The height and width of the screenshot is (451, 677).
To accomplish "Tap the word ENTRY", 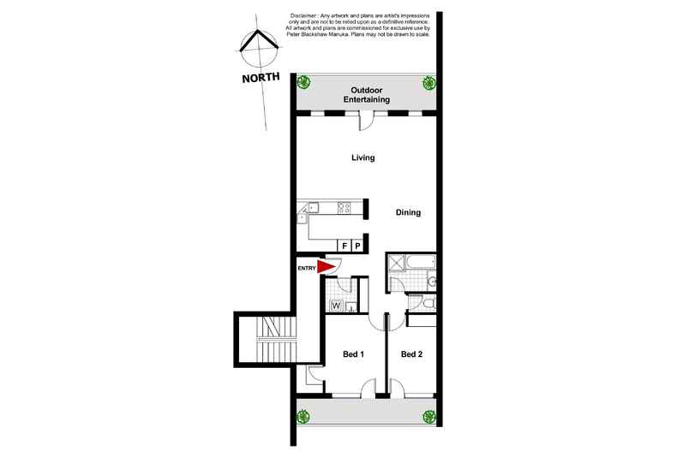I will (307, 268).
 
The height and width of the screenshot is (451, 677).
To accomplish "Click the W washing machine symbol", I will (336, 304).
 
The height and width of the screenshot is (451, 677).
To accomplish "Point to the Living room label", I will (363, 158).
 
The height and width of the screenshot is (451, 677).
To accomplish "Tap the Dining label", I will (408, 213).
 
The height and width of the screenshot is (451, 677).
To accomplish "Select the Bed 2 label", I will (411, 354).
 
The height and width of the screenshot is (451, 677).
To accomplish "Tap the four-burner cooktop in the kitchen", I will (345, 206).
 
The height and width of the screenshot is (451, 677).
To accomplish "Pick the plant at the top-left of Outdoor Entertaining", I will (303, 83).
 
